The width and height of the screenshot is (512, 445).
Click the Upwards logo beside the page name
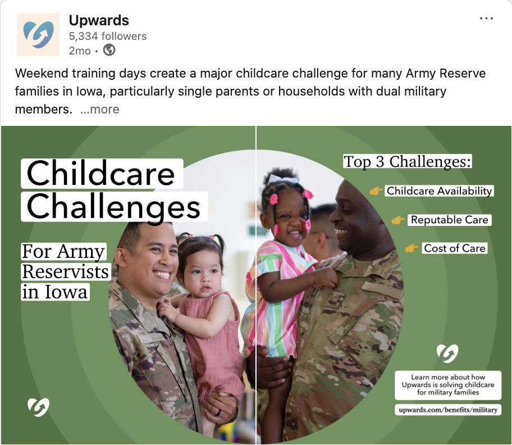38,34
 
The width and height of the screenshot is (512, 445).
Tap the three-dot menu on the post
486,19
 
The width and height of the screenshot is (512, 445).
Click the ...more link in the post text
99,109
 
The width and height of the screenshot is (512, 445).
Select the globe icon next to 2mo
109,51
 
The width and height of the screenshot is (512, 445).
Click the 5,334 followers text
108,36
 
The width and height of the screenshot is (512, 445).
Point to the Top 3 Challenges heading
408,161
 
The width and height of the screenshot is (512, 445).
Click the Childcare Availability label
439,191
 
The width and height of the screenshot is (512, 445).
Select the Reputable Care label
449,220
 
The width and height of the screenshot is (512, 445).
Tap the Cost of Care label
454,248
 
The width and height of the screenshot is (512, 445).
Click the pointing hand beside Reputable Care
397,220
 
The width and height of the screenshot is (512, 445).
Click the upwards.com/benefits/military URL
448,410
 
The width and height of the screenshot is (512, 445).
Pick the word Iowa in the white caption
66,292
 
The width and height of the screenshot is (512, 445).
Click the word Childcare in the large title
100,174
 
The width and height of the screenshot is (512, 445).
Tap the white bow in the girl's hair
282,179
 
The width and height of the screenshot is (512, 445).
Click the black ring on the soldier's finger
218,412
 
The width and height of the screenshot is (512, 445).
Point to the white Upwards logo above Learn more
447,353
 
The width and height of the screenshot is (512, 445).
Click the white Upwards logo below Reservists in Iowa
38,407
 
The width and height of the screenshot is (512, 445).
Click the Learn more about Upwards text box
448,385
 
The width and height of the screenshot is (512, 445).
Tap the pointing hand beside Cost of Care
412,248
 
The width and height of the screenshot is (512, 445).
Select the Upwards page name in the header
99,20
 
